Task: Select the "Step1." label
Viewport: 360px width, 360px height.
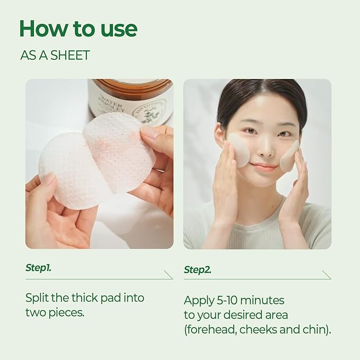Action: click(x=38, y=268)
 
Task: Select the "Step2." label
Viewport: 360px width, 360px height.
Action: click(x=197, y=270)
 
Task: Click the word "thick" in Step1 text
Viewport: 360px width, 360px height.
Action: click(x=93, y=297)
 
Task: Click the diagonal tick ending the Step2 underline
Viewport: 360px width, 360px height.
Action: click(x=327, y=275)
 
